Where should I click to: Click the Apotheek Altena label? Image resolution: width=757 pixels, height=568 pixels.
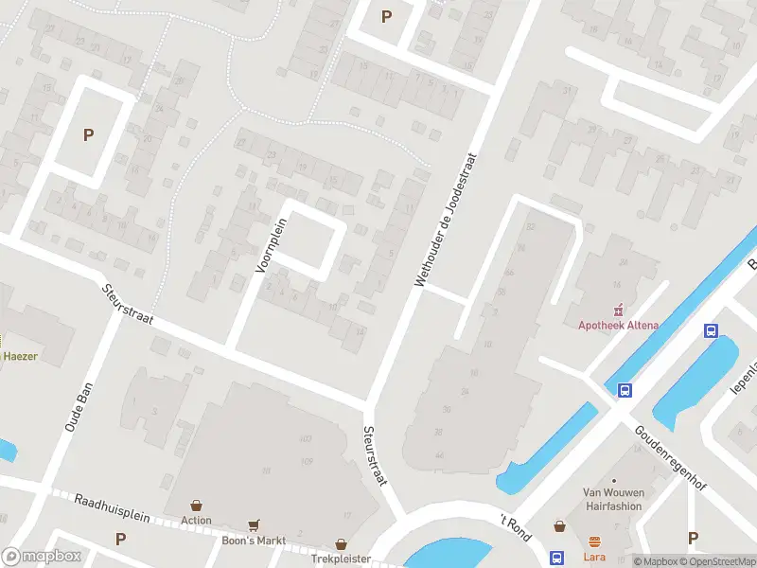pyautogui.click(x=619, y=326)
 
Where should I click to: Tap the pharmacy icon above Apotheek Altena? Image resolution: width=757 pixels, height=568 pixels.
pyautogui.click(x=619, y=309)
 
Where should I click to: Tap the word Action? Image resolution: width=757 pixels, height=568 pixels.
pyautogui.click(x=197, y=520)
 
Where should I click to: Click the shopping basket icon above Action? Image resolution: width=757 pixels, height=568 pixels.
pyautogui.click(x=197, y=506)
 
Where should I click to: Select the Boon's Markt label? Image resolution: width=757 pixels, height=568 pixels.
pyautogui.click(x=253, y=540)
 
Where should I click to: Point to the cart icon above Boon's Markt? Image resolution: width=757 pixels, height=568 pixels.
pyautogui.click(x=253, y=524)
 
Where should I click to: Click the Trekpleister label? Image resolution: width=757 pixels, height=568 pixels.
pyautogui.click(x=341, y=559)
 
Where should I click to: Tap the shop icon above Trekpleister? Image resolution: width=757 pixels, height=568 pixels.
pyautogui.click(x=341, y=544)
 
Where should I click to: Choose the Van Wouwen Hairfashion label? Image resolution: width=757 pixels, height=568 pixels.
pyautogui.click(x=612, y=499)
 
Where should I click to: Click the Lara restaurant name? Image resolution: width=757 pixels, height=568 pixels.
pyautogui.click(x=594, y=558)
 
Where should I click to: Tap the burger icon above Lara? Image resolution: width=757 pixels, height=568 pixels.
pyautogui.click(x=594, y=542)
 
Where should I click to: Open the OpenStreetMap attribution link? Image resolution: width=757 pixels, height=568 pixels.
pyautogui.click(x=715, y=561)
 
